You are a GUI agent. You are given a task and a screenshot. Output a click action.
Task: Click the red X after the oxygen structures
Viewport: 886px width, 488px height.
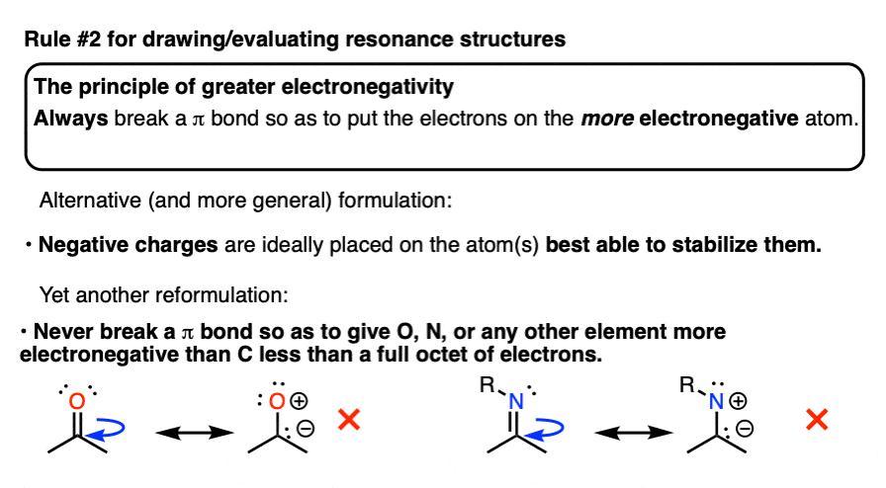click(348, 421)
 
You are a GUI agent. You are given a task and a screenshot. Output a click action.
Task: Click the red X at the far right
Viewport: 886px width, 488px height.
click(817, 421)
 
